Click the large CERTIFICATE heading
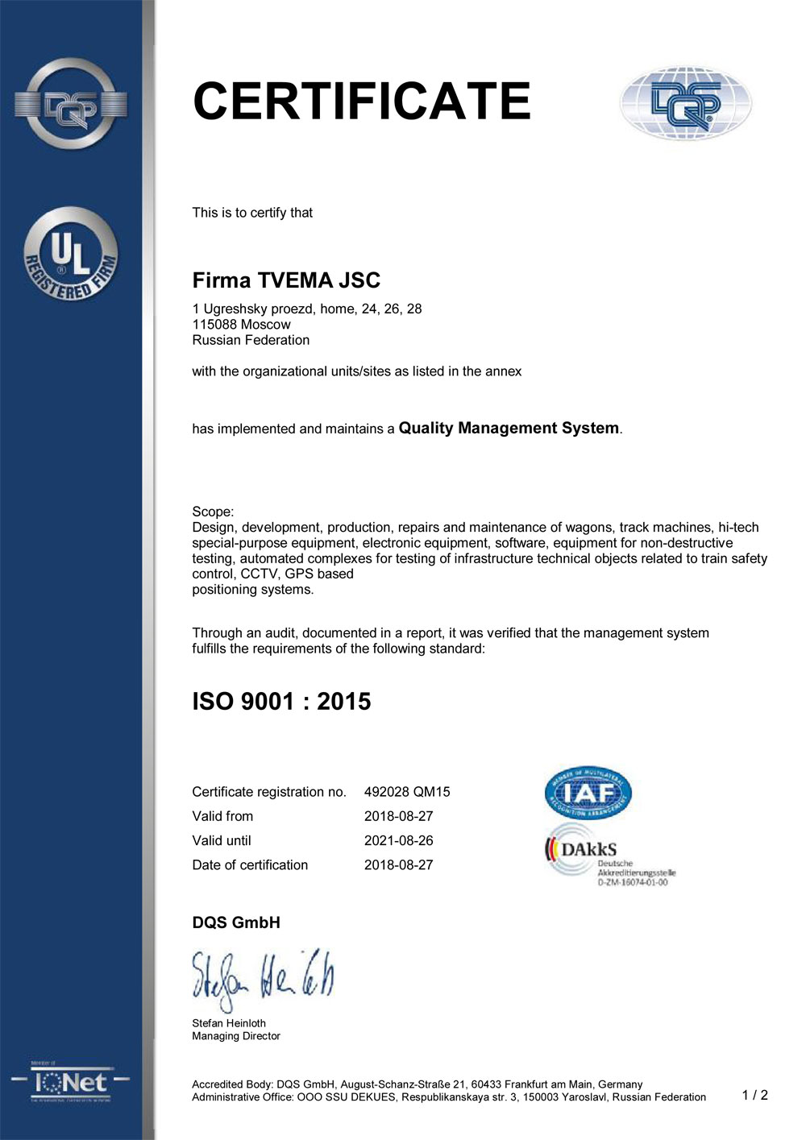tap(362, 102)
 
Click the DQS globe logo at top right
tap(685, 104)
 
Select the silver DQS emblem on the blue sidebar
tap(71, 104)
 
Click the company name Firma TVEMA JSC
tap(286, 280)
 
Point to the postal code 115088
tap(214, 325)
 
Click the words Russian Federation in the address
tap(251, 340)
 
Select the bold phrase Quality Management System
tap(509, 428)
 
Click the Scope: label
tap(213, 512)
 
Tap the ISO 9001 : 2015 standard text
tap(281, 701)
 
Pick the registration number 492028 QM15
tap(407, 792)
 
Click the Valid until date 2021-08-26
tap(398, 840)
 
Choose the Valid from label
tap(222, 816)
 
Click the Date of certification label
tap(250, 864)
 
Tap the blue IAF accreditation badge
tap(588, 793)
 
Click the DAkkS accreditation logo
tap(610, 856)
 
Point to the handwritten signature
tap(262, 979)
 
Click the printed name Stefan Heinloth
tap(229, 1023)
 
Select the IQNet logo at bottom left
tap(71, 1084)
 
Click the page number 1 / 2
tap(754, 1095)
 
